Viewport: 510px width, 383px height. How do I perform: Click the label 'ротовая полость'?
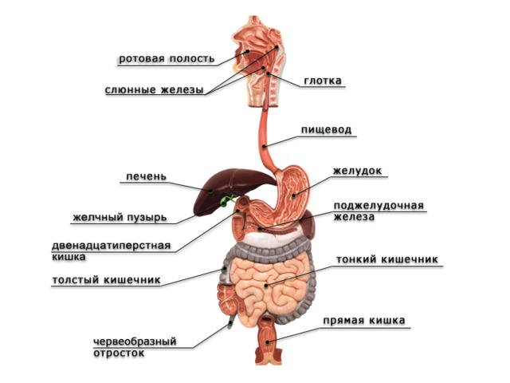(167, 58)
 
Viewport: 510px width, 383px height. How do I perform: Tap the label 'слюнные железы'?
(154, 89)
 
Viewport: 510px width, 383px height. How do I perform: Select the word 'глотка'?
(323, 80)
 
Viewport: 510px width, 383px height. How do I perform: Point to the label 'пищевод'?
(326, 129)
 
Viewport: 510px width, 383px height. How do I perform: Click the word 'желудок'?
(357, 171)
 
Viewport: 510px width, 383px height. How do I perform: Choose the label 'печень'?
(146, 176)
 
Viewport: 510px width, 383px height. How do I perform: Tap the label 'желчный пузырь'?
(120, 217)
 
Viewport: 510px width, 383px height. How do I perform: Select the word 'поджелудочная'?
(379, 206)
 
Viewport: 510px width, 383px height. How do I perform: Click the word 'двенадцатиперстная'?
(112, 245)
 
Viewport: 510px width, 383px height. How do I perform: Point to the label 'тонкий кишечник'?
(387, 259)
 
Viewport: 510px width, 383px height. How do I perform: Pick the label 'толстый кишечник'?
(106, 279)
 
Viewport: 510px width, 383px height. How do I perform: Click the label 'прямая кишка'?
(364, 321)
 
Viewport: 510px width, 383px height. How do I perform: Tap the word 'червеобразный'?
(135, 342)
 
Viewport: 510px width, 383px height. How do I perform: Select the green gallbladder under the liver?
(226, 200)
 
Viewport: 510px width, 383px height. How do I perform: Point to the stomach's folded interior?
(291, 195)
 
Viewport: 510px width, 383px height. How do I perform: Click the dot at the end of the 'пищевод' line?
(265, 147)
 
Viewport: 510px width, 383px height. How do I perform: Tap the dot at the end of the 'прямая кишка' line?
(268, 342)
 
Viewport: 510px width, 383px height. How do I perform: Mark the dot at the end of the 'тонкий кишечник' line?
(266, 286)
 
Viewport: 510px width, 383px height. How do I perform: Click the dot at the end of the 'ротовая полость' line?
(247, 51)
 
